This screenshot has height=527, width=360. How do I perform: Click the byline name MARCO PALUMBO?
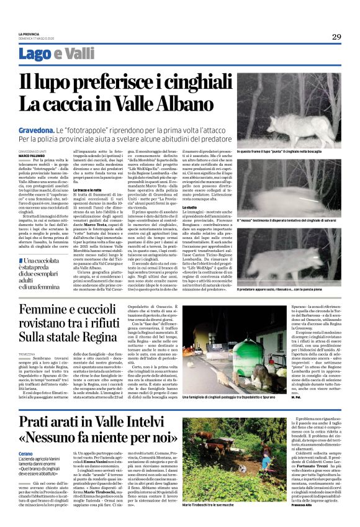point(31,155)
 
